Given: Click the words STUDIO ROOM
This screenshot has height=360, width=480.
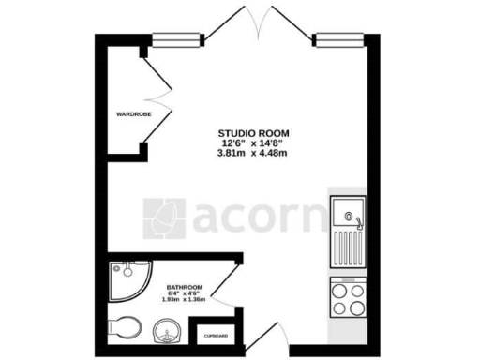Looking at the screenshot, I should coord(252,132).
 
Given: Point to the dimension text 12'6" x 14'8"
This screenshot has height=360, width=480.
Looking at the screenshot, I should coord(252,142).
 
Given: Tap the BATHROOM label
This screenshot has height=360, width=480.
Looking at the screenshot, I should coord(185,288).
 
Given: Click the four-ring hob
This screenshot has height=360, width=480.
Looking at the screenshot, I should coord(347,299).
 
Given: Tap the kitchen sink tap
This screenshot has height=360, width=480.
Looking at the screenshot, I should coord(356,221).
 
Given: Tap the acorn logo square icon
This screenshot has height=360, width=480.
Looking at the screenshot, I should coord(163,217).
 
